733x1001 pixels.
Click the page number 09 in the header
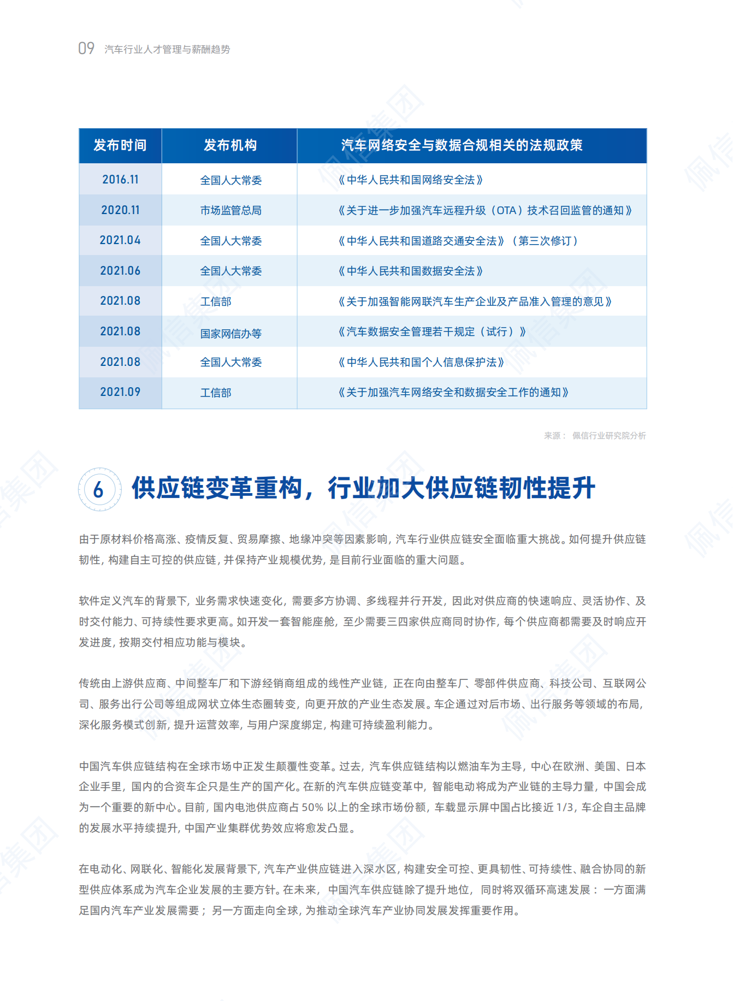tap(86, 49)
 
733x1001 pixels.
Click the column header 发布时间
tap(120, 145)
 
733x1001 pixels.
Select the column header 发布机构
tap(230, 145)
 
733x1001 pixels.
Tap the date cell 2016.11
tap(120, 180)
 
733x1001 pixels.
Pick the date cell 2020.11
tap(120, 210)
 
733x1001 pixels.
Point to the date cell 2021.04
tap(120, 240)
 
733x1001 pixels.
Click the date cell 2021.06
tap(120, 271)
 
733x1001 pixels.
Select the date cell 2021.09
tap(120, 392)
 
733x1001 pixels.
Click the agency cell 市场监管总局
tap(230, 211)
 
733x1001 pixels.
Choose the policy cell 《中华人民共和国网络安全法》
tap(410, 180)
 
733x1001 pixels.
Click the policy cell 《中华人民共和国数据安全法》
tap(410, 271)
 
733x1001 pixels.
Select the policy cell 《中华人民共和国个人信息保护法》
tap(421, 363)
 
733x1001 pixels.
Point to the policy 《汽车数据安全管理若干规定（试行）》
tap(431, 332)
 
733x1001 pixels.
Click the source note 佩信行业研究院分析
tap(609, 436)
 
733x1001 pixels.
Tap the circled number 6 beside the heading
tap(99, 489)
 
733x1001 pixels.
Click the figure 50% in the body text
tap(312, 808)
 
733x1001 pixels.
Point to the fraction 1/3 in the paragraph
tap(565, 808)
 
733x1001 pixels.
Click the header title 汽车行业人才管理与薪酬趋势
tap(167, 50)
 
